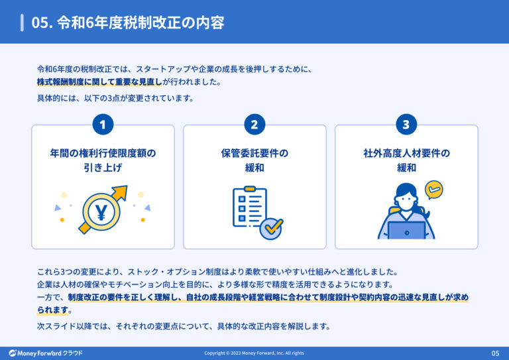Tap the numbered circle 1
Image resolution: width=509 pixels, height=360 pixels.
click(x=103, y=125)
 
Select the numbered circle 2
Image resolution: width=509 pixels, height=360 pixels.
click(x=254, y=125)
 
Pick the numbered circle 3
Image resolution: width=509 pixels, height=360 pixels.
click(x=406, y=125)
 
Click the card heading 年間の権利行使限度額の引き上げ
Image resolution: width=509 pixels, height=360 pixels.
click(x=103, y=160)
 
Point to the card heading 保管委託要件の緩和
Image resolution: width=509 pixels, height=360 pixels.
click(x=254, y=160)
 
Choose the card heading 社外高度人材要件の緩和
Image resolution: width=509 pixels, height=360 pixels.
click(x=406, y=160)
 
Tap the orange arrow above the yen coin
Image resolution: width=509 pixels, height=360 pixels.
click(x=117, y=194)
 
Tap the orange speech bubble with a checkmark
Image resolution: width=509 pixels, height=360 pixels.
click(x=433, y=190)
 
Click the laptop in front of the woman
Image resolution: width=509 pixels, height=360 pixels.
click(x=406, y=231)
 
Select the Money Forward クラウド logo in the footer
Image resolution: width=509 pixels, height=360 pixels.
click(x=46, y=353)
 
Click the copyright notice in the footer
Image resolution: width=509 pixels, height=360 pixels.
click(x=254, y=353)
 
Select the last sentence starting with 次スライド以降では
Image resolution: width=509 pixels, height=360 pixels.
click(x=183, y=326)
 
